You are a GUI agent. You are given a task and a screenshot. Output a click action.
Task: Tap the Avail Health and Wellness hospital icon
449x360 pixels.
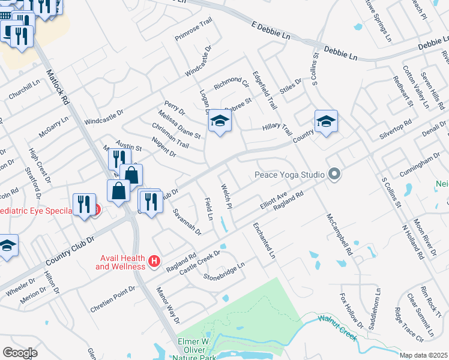click(154, 262)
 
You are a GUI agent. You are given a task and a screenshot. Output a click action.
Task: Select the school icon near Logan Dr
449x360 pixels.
click(220, 122)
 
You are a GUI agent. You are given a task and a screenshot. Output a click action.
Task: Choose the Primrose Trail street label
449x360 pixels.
click(194, 29)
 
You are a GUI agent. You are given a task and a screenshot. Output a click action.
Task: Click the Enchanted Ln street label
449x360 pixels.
click(264, 241)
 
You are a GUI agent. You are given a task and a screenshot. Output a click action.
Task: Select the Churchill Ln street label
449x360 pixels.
click(24, 90)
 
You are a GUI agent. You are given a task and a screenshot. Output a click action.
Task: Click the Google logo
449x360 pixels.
click(20, 353)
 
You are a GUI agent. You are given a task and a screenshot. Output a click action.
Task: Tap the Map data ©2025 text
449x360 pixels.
click(423, 355)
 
